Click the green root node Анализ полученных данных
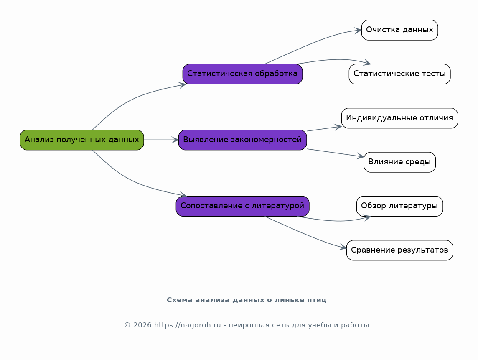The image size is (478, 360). [x=82, y=140]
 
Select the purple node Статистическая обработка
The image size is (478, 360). [x=242, y=74]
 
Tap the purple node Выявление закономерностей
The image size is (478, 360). [x=242, y=140]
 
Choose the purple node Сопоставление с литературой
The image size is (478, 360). [x=242, y=206]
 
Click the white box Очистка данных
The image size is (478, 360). [x=399, y=30]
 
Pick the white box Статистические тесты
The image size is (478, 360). [x=399, y=74]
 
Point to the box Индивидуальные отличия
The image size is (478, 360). [x=399, y=118]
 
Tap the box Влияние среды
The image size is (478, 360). [x=399, y=162]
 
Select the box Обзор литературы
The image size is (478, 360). [x=399, y=206]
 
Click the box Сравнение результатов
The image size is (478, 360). [x=399, y=250]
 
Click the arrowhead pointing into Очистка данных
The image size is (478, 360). [x=358, y=30]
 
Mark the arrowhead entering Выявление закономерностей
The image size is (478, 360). [x=175, y=140]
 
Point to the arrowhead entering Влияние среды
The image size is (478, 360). [x=360, y=156]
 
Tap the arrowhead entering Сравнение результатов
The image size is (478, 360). [x=343, y=248]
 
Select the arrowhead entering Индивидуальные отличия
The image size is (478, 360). [x=338, y=127]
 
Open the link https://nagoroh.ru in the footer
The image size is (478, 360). [x=187, y=325]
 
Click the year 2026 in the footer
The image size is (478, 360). [x=142, y=325]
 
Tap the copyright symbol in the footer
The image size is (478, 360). [x=127, y=325]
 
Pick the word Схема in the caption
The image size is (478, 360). [x=180, y=300]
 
